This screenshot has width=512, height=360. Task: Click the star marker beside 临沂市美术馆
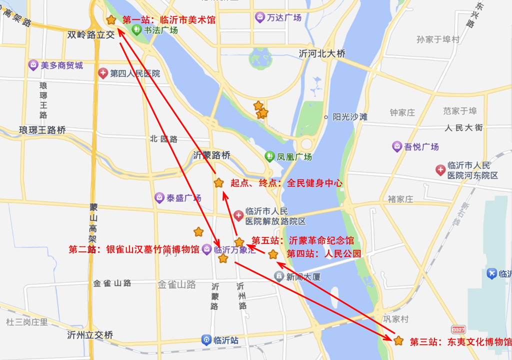(111, 20)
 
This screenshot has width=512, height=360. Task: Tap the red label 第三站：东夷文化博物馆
(460, 342)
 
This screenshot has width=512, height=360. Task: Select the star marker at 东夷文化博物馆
(398, 340)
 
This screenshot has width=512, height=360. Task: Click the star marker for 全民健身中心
(218, 183)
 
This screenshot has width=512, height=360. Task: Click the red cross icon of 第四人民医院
(103, 73)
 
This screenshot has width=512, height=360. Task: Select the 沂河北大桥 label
(322, 53)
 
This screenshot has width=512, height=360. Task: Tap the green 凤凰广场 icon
(269, 156)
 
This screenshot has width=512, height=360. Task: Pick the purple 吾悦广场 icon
(397, 146)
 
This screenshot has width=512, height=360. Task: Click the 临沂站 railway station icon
(206, 340)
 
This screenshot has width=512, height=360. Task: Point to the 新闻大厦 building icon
(279, 276)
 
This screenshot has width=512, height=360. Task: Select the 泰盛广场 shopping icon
(159, 197)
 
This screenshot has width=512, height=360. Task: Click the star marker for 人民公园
(273, 254)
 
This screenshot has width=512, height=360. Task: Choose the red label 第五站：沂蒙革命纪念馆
(302, 240)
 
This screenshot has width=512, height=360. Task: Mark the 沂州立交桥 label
(90, 335)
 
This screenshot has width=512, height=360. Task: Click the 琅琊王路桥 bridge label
(42, 130)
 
